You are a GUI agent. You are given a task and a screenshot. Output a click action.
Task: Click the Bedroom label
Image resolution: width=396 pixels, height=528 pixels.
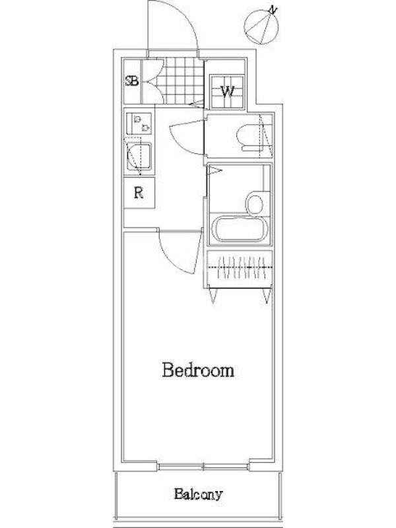tap(198, 370)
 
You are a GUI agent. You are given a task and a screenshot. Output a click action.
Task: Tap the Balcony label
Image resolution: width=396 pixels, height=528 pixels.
tap(199, 494)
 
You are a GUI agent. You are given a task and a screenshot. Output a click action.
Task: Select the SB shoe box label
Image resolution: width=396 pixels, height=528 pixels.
tap(131, 81)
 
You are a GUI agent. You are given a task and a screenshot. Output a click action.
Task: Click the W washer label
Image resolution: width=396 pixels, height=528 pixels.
tap(227, 91)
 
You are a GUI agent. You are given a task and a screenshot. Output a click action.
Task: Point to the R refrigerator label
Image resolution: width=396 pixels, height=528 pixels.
tap(139, 193)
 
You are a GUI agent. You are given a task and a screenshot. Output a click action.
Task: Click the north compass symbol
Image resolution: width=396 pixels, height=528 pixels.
tap(261, 26)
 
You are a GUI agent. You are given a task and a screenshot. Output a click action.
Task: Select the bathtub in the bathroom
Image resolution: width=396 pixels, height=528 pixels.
tap(240, 228)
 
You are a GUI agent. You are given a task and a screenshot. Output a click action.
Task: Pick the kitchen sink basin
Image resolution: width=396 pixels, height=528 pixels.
tap(139, 156)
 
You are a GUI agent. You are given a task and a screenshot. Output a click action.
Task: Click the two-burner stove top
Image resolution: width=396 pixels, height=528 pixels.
tap(139, 123)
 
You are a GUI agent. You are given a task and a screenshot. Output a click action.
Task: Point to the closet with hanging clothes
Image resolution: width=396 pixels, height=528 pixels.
tap(240, 269)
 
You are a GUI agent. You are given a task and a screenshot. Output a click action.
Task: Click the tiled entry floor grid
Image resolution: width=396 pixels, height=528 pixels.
tap(181, 81)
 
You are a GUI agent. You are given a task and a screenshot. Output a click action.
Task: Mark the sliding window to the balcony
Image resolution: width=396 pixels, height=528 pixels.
tap(203, 467)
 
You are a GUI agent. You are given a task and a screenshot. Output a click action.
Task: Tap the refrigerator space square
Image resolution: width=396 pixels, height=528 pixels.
tap(139, 193)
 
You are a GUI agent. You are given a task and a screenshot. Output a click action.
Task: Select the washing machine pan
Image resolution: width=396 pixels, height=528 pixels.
tap(227, 91)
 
